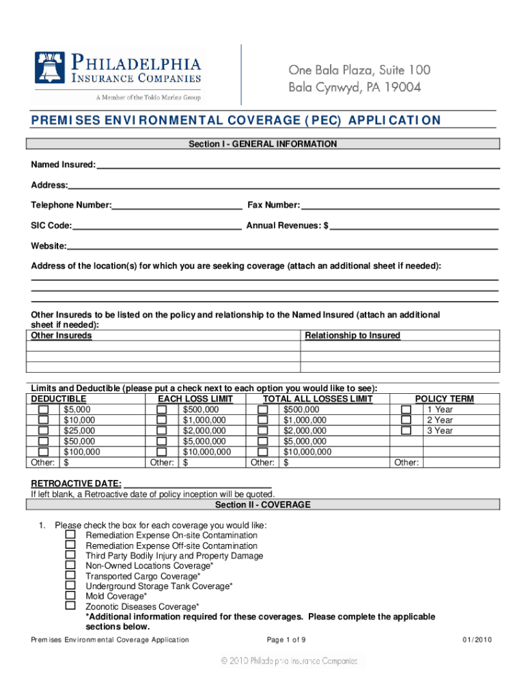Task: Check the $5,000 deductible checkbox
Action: tap(44, 410)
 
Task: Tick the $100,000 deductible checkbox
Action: tap(44, 452)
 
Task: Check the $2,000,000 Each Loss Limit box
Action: tap(162, 431)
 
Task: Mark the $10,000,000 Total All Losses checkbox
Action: tap(262, 452)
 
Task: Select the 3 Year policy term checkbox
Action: tap(406, 431)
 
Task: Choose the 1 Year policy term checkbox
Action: tap(406, 410)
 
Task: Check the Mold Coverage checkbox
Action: tap(70, 595)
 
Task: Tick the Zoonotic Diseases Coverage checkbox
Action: tap(70, 605)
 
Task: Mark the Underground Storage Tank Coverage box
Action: tap(70, 585)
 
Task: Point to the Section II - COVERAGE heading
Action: tap(263, 505)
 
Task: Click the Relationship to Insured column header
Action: tap(352, 336)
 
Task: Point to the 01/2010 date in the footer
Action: tap(477, 640)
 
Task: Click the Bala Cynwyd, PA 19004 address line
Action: tap(355, 87)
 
